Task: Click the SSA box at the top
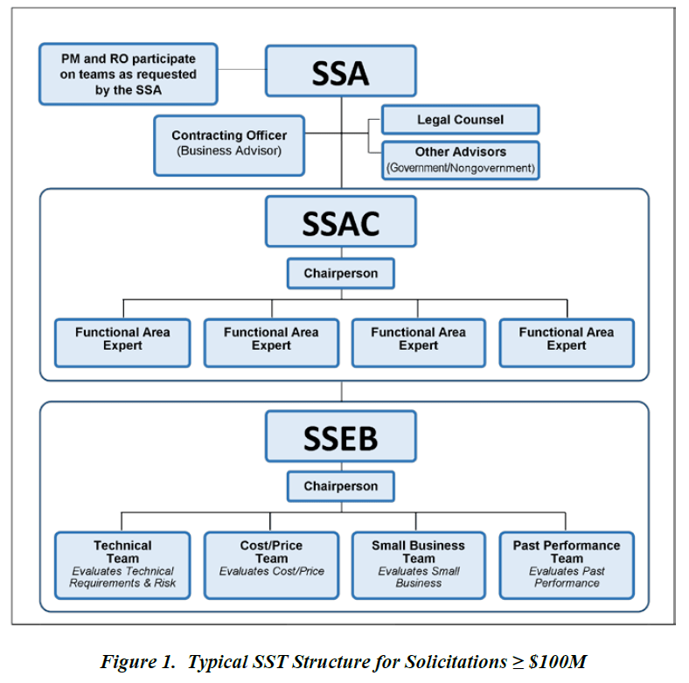point(340,72)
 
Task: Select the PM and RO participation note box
point(128,73)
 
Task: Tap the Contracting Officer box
point(228,143)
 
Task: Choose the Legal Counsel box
point(460,120)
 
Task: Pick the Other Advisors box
point(460,159)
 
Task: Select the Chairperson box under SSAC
point(340,274)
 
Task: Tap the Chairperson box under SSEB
point(340,486)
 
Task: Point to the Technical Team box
point(122,565)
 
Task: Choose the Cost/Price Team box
point(271,565)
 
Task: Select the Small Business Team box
point(419,565)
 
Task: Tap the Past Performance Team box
point(567,565)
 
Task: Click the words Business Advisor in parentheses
point(229,150)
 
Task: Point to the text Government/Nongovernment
point(460,167)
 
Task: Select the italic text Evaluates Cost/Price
point(271,572)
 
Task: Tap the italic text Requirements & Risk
point(122,583)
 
